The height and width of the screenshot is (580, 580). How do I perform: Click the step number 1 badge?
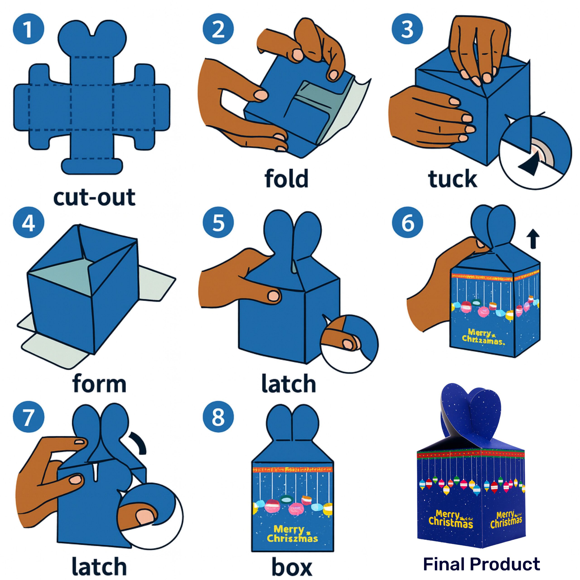[x=29, y=29]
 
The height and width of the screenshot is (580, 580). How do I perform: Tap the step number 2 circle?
[x=218, y=29]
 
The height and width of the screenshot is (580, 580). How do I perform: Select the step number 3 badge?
[x=407, y=29]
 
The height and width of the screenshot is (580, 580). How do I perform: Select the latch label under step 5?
[x=288, y=383]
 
